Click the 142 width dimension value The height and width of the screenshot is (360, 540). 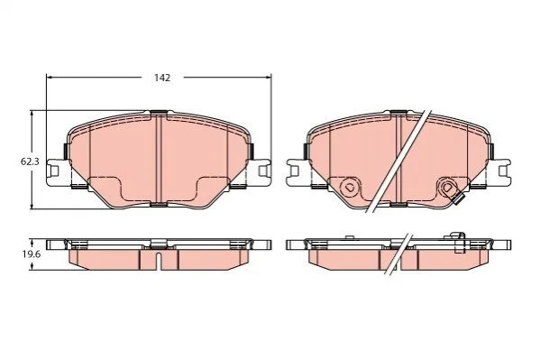click(162, 78)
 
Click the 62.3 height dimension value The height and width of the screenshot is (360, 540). click(30, 162)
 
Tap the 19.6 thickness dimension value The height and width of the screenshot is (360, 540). click(32, 254)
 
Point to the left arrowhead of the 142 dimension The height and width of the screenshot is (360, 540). click(49, 78)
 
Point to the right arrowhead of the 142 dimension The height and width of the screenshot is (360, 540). click(269, 78)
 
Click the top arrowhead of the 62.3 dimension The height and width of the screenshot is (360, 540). click(32, 114)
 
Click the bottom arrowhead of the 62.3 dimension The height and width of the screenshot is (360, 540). click(32, 206)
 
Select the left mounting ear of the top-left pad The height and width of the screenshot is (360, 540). click(56, 171)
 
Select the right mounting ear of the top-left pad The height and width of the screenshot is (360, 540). click(261, 171)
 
